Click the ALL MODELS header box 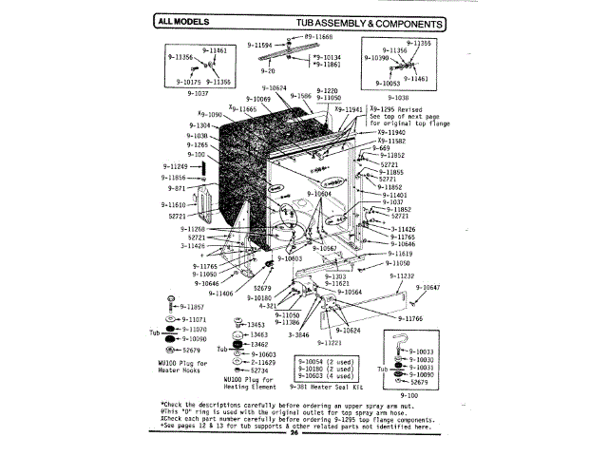point(181,22)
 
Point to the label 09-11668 point(313,36)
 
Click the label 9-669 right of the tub point(380,147)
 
